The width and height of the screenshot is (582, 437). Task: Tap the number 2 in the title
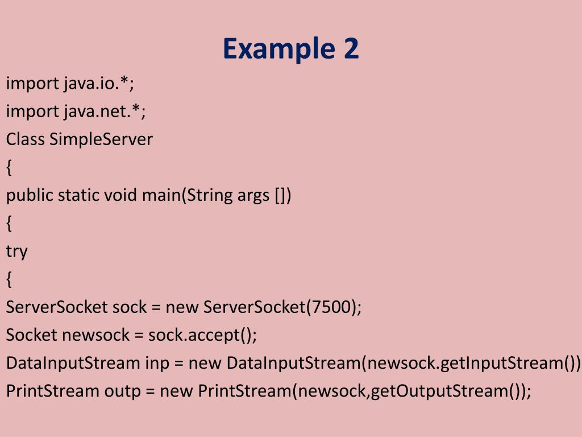tap(351, 49)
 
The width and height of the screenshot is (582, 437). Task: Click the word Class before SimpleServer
tap(25, 139)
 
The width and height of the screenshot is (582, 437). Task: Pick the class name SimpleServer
tap(101, 139)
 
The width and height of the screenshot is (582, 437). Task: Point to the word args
tap(252, 195)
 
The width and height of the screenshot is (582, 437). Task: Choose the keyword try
tap(16, 252)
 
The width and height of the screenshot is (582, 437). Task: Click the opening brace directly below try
tap(9, 279)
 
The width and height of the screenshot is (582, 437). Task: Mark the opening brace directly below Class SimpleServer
tap(9, 167)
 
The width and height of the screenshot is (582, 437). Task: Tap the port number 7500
tap(331, 307)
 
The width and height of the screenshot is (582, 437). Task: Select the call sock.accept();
tap(203, 335)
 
